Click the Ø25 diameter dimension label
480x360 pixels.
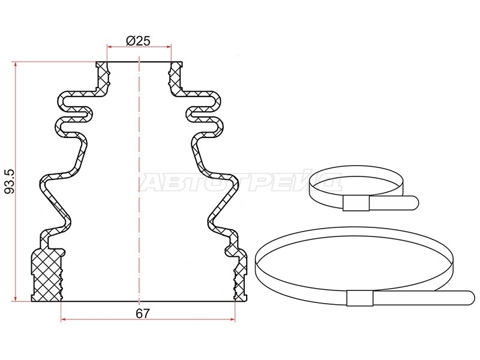[x=138, y=40]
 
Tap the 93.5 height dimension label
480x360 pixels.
[x=10, y=182]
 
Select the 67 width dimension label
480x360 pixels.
[x=143, y=313]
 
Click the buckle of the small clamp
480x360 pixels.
[x=356, y=203]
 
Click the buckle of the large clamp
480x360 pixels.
[x=360, y=298]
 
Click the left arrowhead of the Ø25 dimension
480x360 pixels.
[x=109, y=47]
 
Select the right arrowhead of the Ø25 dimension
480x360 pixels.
[x=169, y=47]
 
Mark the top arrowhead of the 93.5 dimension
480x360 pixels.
[x=15, y=64]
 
